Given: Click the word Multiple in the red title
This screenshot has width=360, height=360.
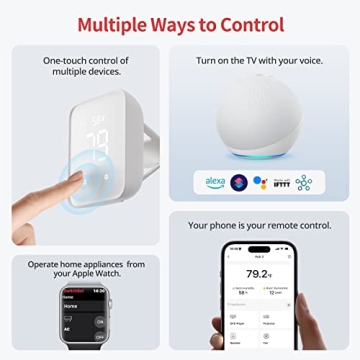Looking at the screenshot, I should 119,24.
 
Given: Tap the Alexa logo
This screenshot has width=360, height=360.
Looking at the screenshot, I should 214,182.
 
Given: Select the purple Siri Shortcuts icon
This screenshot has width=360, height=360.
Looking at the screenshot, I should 238,182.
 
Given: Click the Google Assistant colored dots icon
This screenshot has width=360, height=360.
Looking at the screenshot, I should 259,182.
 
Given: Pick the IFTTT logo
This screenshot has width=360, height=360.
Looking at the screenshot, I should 280,182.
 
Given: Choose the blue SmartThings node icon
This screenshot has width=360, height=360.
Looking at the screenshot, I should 303,182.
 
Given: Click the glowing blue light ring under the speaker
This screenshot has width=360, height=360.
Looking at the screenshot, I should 262,153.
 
